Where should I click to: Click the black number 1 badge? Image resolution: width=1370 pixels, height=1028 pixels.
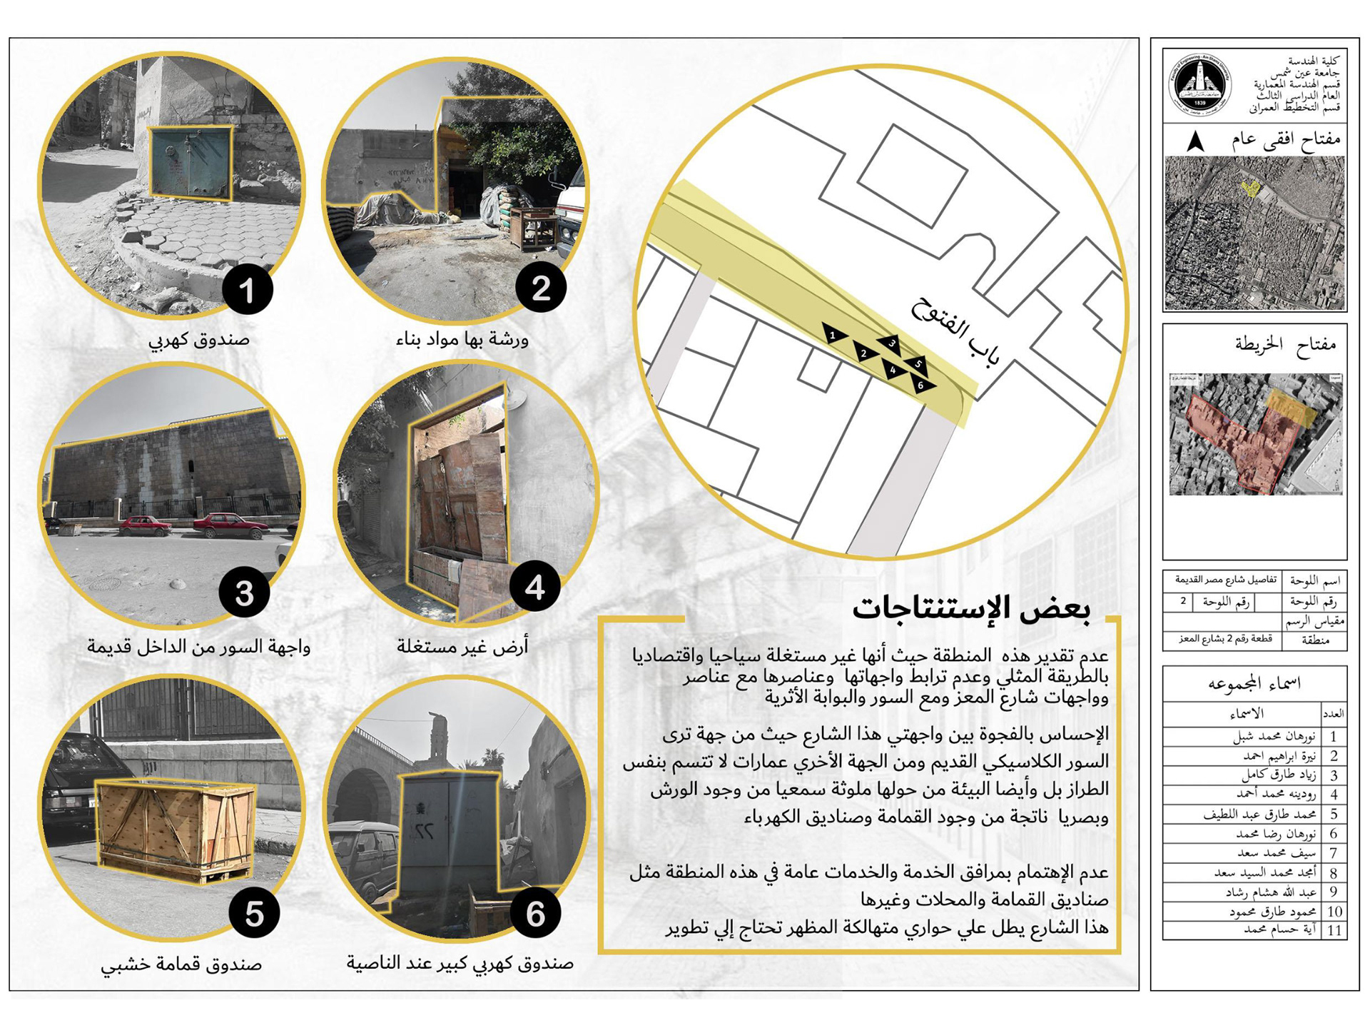click(x=247, y=290)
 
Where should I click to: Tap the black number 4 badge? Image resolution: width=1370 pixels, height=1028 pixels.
click(x=535, y=587)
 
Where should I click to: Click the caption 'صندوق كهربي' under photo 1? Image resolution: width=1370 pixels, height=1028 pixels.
click(x=199, y=339)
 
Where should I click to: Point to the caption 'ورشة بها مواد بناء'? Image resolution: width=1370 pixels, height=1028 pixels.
click(x=462, y=339)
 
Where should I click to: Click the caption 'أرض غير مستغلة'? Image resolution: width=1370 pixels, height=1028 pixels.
click(x=462, y=647)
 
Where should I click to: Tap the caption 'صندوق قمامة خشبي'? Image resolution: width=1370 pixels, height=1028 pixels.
click(x=181, y=964)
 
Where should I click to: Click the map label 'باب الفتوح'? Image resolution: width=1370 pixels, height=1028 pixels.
click(x=955, y=334)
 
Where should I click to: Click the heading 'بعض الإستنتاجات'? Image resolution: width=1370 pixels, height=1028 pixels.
click(x=971, y=608)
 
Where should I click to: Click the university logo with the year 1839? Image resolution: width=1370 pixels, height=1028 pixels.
click(x=1199, y=85)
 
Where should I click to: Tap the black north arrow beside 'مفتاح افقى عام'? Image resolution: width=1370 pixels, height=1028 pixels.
click(x=1196, y=141)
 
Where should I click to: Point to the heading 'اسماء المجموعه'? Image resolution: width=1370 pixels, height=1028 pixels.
click(x=1254, y=683)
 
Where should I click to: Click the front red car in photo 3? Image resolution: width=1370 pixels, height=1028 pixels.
click(x=230, y=526)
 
